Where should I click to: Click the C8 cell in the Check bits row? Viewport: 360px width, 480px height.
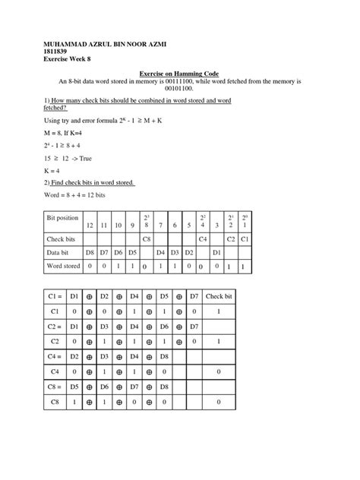pyautogui.click(x=145, y=238)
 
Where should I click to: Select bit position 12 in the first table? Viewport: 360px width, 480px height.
pyautogui.click(x=89, y=226)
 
